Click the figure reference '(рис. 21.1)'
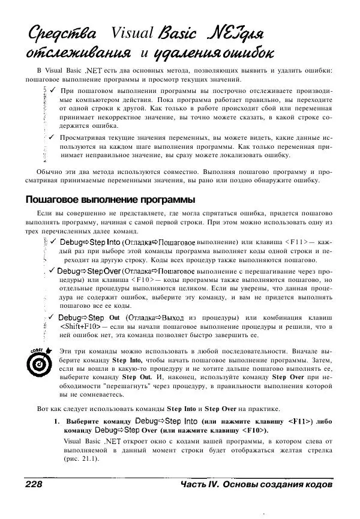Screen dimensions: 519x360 point(82,458)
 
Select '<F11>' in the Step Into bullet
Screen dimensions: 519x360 point(296,241)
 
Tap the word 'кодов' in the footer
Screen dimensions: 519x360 point(316,485)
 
